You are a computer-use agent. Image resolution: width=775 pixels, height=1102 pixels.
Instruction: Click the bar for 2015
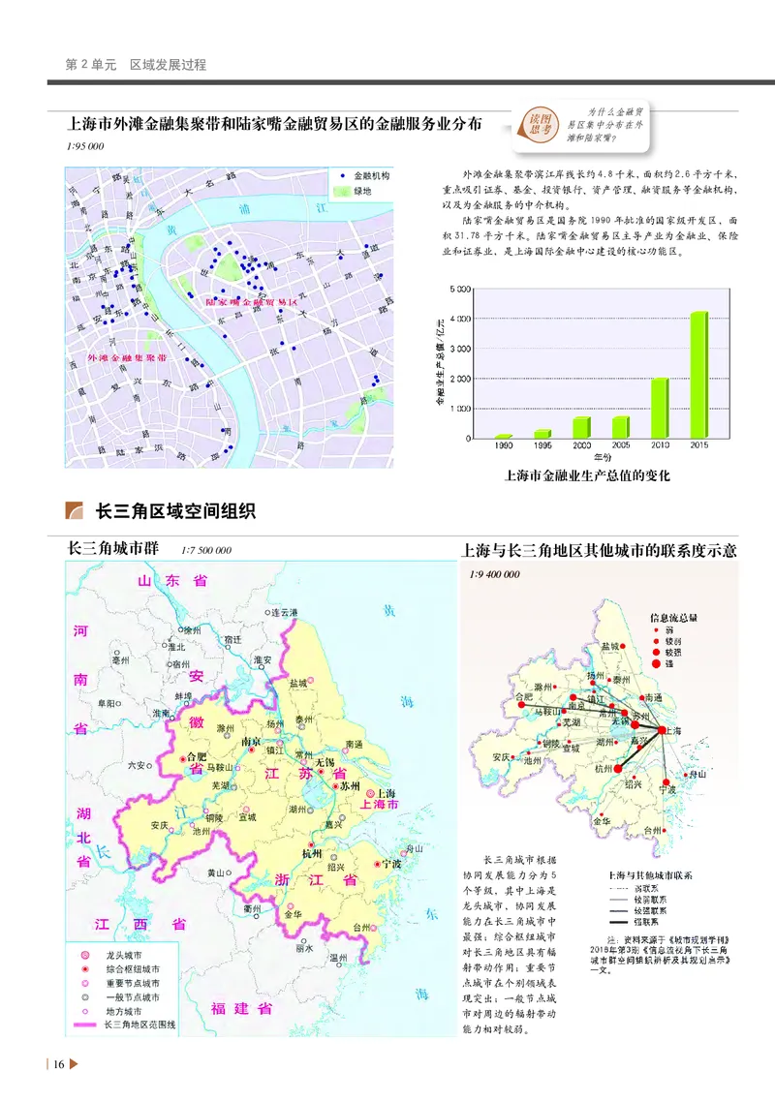pyautogui.click(x=698, y=374)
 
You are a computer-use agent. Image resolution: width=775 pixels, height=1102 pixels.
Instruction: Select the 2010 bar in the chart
pyautogui.click(x=660, y=408)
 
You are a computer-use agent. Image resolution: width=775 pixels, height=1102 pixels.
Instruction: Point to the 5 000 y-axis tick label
pyautogui.click(x=459, y=289)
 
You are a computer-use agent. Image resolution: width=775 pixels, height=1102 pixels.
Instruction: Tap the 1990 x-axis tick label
pyautogui.click(x=504, y=446)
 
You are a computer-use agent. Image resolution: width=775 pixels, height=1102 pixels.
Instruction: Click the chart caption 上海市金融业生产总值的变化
pyautogui.click(x=588, y=476)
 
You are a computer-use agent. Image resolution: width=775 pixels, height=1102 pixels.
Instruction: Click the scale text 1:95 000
pyautogui.click(x=85, y=147)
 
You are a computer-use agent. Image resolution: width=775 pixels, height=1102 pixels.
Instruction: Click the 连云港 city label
pyautogui.click(x=288, y=613)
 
